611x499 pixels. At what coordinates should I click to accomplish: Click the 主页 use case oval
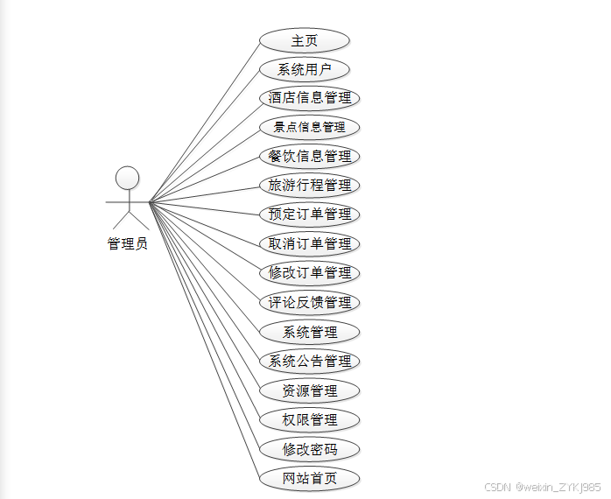[x=305, y=40]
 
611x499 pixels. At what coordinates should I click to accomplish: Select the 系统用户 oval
[x=305, y=69]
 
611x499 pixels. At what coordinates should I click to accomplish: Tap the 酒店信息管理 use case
[x=310, y=98]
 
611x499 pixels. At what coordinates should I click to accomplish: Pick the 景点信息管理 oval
[x=310, y=127]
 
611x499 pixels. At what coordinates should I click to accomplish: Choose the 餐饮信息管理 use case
[x=310, y=157]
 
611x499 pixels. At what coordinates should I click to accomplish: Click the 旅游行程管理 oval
[x=310, y=186]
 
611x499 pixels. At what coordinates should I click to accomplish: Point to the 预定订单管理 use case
[x=310, y=214]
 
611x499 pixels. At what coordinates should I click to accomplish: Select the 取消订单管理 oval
[x=310, y=244]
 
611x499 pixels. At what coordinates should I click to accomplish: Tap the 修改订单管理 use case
[x=310, y=273]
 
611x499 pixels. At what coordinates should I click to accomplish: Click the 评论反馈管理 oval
[x=310, y=303]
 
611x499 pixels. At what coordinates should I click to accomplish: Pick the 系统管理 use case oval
[x=310, y=332]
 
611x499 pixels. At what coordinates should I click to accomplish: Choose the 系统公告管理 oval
[x=310, y=361]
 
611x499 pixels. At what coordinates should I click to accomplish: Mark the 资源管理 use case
[x=310, y=390]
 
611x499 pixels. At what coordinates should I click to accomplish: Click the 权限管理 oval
[x=310, y=420]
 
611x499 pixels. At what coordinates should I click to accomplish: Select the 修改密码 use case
[x=310, y=450]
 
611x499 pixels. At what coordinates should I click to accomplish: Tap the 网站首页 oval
[x=310, y=479]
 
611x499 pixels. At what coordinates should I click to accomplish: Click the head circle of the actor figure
[x=128, y=178]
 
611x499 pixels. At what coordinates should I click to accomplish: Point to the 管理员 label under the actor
[x=128, y=243]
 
